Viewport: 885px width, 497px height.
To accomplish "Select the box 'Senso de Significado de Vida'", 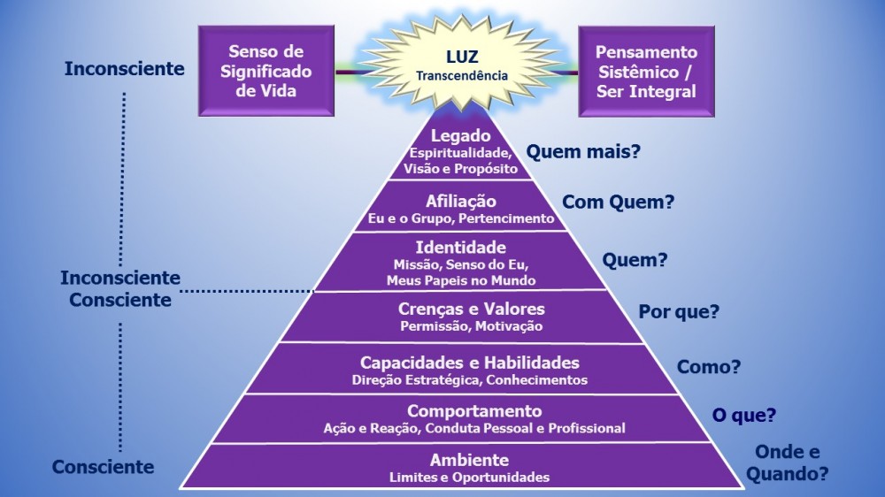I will [x=266, y=71].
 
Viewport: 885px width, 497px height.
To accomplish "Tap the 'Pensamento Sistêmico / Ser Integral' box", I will [x=646, y=72].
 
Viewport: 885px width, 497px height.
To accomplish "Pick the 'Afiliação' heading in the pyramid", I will [x=461, y=201].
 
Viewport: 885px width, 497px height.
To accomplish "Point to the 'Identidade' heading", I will [x=461, y=247].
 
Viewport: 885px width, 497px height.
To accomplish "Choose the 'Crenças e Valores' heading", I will [x=471, y=309].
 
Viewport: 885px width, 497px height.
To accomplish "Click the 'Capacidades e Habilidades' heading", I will [x=470, y=363].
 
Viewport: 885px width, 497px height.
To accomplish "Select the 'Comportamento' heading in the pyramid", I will [x=474, y=411].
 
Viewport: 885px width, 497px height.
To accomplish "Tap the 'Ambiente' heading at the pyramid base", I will [x=469, y=460].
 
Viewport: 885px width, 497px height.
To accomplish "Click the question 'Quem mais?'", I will [x=583, y=151].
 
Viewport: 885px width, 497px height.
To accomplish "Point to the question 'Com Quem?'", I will [x=619, y=202].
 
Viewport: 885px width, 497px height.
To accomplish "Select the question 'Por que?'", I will [x=679, y=311].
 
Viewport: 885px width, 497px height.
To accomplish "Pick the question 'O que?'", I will [x=744, y=415].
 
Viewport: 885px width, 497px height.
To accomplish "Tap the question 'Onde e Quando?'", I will [x=787, y=463].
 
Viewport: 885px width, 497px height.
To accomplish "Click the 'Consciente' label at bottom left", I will [x=103, y=467].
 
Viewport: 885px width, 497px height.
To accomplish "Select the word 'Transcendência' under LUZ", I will [x=462, y=76].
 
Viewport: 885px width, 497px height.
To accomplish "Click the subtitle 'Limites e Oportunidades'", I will [x=469, y=478].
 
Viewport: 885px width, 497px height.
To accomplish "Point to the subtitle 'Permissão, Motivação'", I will [x=471, y=326].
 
